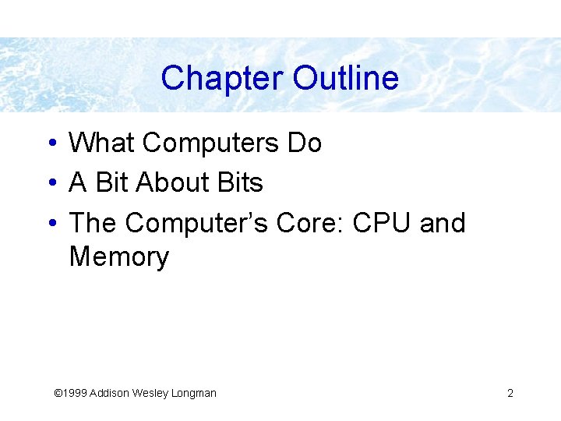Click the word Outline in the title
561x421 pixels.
(346, 78)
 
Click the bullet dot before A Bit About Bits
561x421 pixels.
(49, 184)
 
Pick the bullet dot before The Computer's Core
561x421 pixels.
(49, 224)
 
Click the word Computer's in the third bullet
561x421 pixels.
(196, 223)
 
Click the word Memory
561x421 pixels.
(118, 257)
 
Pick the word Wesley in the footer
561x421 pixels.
(154, 393)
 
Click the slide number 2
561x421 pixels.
(510, 393)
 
